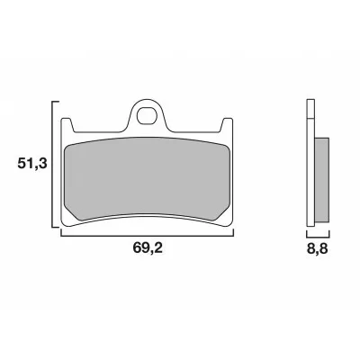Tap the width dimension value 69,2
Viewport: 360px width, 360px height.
(x=147, y=253)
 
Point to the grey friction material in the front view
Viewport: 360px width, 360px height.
(x=147, y=175)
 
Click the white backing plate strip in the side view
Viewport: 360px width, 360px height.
(x=311, y=171)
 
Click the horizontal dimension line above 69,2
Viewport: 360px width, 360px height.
(x=147, y=233)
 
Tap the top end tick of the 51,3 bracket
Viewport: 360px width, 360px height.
(x=55, y=100)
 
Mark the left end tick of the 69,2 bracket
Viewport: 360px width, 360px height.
(x=60, y=229)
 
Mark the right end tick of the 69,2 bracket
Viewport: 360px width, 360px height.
(x=234, y=229)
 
